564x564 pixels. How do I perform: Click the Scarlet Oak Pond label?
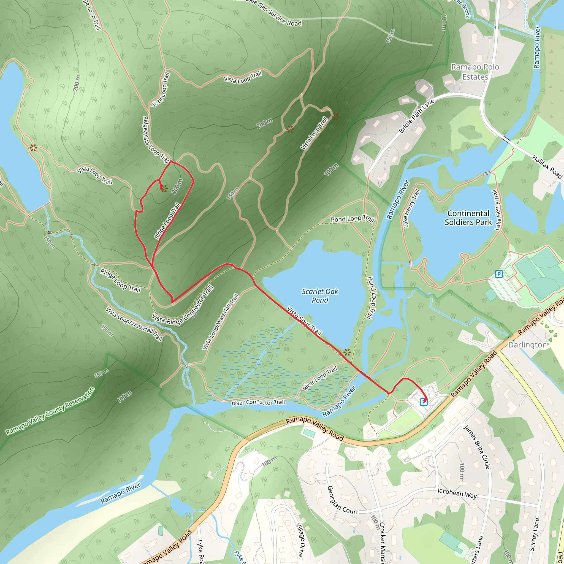coord(320,295)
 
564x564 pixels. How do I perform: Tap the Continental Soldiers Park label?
coord(468,218)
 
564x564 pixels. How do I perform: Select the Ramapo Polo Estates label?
coord(475,72)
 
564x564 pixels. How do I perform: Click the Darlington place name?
coord(527,345)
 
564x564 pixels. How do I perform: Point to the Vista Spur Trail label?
coord(304,321)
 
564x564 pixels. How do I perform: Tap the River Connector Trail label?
coord(258,403)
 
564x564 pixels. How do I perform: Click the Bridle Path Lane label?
coord(416,116)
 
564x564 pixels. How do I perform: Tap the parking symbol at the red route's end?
coord(423,402)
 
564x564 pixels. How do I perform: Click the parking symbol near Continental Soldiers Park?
coord(499,274)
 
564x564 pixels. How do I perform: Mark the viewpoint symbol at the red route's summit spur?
coord(164,188)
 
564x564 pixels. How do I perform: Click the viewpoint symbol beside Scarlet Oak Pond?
coord(347,352)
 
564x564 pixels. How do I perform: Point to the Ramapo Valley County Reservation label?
coord(50,411)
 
